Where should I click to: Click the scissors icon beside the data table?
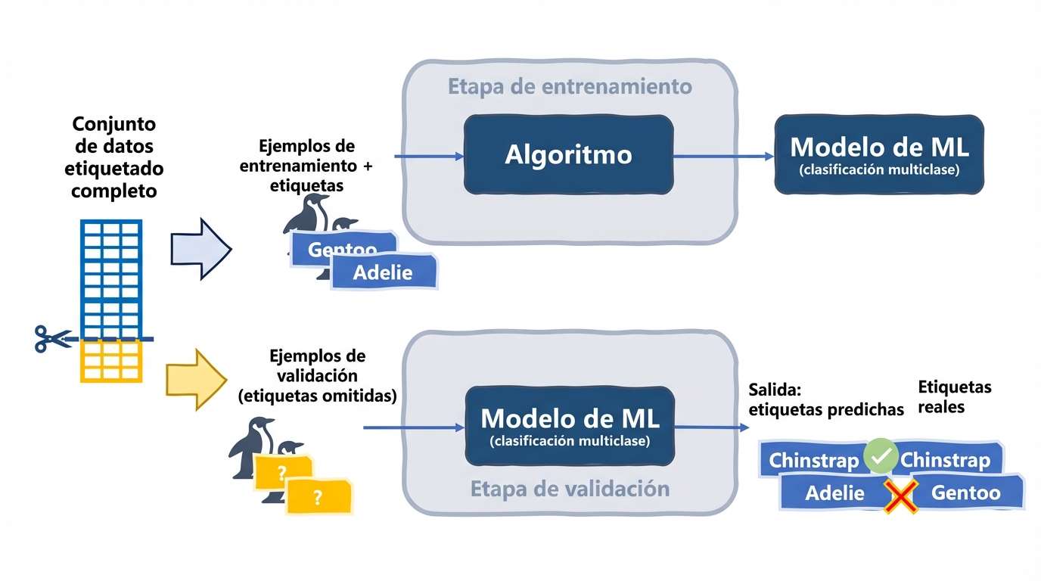click(x=51, y=338)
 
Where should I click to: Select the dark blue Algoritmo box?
click(x=568, y=155)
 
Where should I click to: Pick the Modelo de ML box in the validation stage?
click(x=569, y=425)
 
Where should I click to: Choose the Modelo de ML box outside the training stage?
click(x=878, y=154)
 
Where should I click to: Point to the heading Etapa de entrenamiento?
click(x=570, y=86)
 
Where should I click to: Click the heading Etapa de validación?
click(x=570, y=489)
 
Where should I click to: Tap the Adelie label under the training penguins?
click(x=384, y=272)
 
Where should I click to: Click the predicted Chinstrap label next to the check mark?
click(x=813, y=460)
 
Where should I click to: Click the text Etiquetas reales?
click(x=954, y=397)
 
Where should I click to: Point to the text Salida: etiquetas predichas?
click(x=825, y=399)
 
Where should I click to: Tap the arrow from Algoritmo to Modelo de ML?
click(x=723, y=156)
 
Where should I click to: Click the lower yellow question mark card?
click(x=318, y=497)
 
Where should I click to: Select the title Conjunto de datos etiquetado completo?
click(x=113, y=157)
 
